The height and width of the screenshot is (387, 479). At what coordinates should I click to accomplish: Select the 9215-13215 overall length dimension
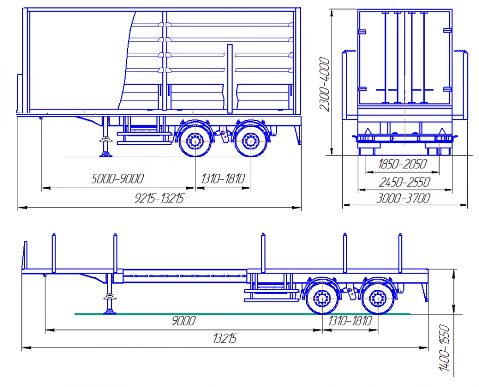click(x=162, y=199)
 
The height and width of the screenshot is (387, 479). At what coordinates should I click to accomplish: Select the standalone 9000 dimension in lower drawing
click(x=183, y=321)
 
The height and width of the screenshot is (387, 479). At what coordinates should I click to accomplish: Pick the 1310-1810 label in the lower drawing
click(x=350, y=321)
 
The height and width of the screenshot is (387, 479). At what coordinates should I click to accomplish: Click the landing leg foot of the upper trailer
click(x=105, y=154)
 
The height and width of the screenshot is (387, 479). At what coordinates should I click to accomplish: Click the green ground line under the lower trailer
click(x=213, y=314)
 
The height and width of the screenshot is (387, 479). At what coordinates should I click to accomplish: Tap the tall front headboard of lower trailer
click(x=24, y=257)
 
